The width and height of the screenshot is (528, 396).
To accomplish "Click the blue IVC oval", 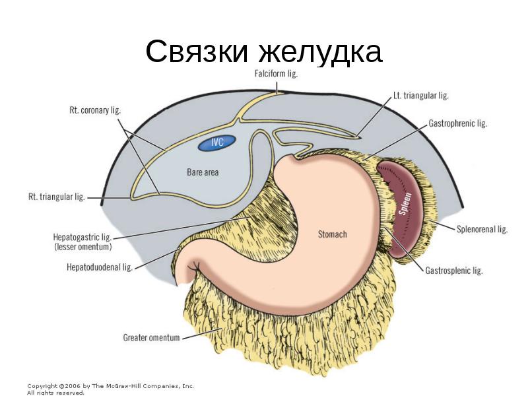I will point(217,142).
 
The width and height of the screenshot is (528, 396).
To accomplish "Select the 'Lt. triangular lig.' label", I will point(420,96).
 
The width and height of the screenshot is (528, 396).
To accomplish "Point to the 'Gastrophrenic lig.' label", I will point(458,123).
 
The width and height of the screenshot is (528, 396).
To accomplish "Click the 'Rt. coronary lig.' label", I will point(95,110).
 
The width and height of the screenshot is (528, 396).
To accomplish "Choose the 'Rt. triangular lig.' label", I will point(56,197).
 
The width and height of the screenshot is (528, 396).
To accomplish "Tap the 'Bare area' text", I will point(203,172).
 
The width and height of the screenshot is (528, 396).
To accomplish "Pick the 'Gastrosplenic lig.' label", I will point(454,271).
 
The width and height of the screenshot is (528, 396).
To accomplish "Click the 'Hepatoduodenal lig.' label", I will point(100,267).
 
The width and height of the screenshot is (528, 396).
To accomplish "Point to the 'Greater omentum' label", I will point(151,337).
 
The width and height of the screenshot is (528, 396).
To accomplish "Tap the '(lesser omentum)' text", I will point(83,247).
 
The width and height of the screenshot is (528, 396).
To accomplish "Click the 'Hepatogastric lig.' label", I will point(82,237).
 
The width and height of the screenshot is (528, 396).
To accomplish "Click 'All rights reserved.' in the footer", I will point(55,392).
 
